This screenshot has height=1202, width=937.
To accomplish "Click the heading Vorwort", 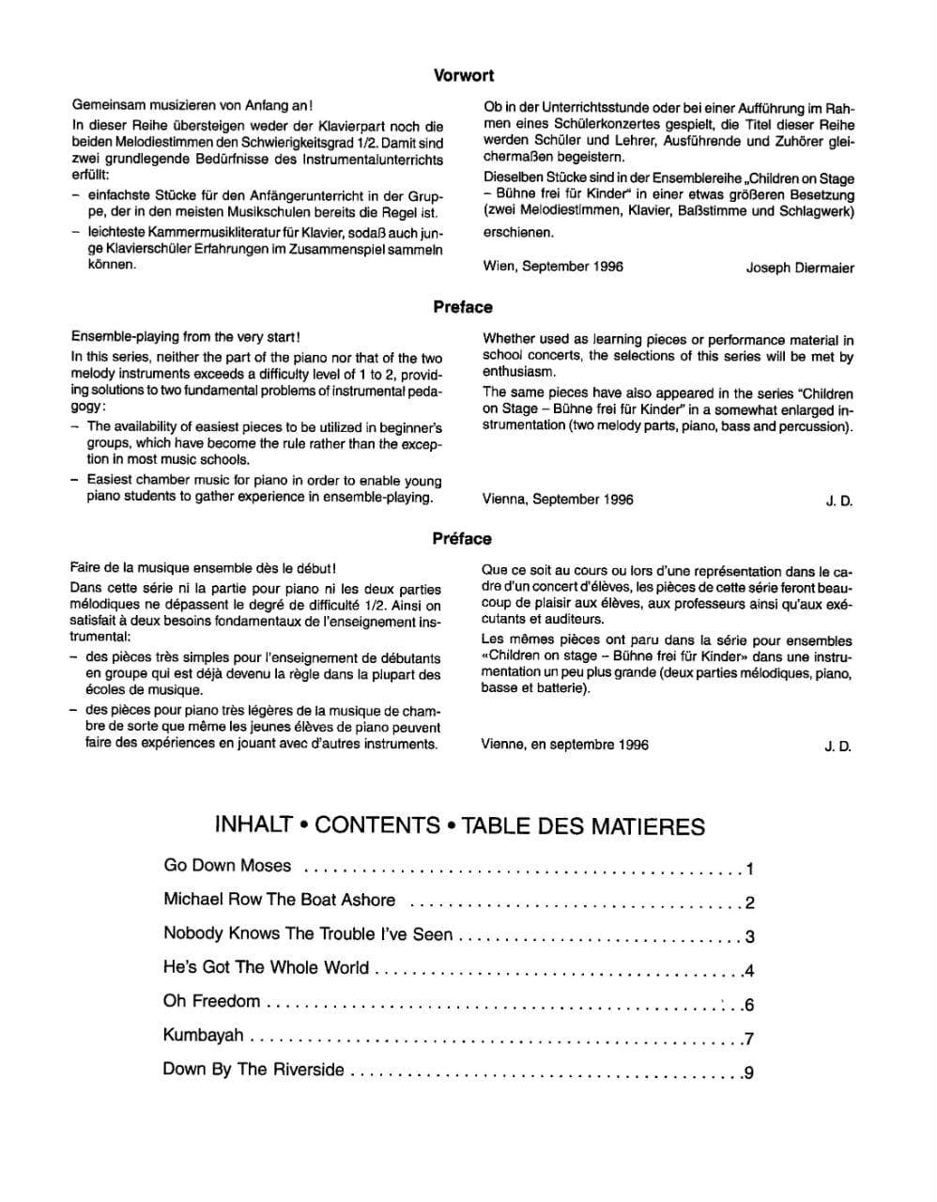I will pos(464,76).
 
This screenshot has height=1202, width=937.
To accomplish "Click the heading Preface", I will pos(463,307).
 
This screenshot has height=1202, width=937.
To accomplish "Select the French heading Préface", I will pos(462,539).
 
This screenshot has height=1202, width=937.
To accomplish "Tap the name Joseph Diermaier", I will pos(800,268).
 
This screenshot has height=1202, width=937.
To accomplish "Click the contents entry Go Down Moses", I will pos(227,866).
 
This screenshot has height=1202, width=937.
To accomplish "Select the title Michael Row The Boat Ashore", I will pos(279,900).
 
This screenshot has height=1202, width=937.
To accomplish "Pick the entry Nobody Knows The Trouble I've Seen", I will pos(308,933).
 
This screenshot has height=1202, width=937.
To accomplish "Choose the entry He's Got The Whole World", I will pos(266,967).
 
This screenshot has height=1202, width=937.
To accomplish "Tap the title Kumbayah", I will pos(203,1035).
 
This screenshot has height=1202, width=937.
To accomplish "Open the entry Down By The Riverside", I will pos(253,1070).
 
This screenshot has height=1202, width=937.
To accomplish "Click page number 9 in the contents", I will pos(749,1073).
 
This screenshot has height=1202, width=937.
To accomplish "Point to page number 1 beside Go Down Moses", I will pos(749,870).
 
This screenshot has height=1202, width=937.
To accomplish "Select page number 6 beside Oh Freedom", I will pos(749,1006).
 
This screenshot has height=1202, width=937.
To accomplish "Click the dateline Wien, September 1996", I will pos(553,267).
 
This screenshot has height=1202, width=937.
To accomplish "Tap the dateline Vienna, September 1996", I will pos(558,500).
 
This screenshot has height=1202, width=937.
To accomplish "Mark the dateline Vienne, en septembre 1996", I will pos(564,745).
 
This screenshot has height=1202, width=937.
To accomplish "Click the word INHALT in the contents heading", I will pos(253,825).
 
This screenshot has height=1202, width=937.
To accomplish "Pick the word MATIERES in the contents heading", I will pos(647,826).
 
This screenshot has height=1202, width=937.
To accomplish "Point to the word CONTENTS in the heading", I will pos(377,825).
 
